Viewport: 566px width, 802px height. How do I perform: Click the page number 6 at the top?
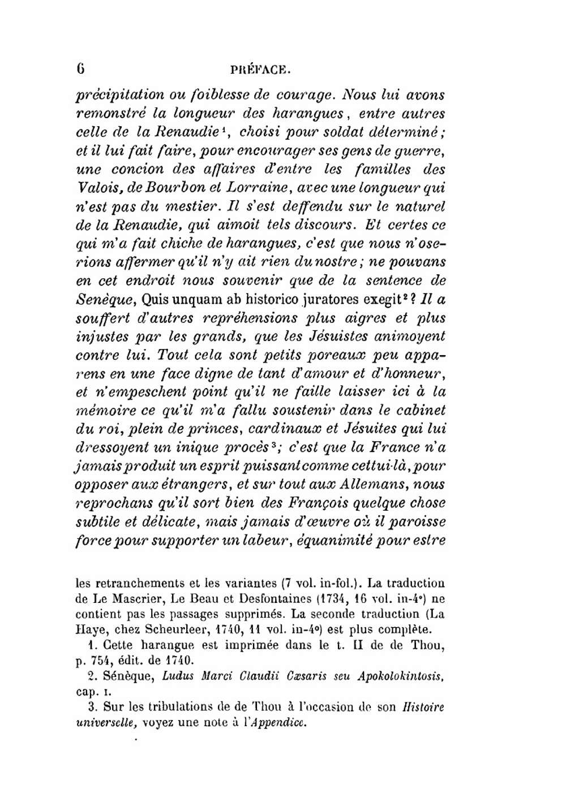click(80, 70)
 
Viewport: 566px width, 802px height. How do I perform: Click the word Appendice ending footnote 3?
click(277, 722)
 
